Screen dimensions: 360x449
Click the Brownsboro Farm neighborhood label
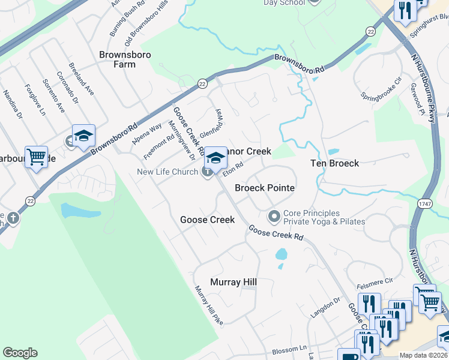click(125, 59)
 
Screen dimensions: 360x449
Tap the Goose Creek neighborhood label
click(207, 220)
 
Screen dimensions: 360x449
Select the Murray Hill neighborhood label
click(234, 282)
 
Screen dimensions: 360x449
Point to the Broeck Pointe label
click(264, 188)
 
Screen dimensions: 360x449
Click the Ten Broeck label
click(334, 163)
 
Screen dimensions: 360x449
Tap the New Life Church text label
click(167, 172)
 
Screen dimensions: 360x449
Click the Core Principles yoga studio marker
click(274, 215)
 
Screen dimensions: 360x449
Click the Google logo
click(20, 353)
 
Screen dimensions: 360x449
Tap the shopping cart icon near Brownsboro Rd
click(37, 157)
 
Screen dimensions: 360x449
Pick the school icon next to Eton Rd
click(215, 157)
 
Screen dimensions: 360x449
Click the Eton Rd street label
click(233, 169)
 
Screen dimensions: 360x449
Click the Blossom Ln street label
click(289, 349)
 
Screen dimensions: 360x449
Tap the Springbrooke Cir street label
click(381, 88)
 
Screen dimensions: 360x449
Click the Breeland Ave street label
click(81, 78)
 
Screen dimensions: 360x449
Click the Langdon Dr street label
click(325, 308)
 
